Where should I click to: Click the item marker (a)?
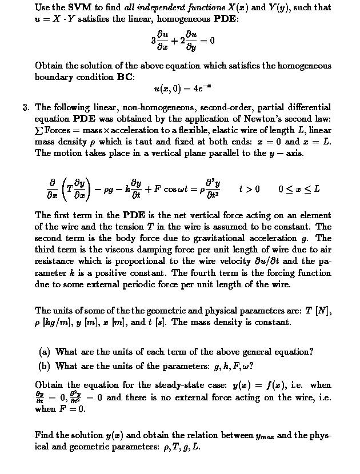[x=45, y=352]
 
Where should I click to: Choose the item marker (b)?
[x=45, y=366]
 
